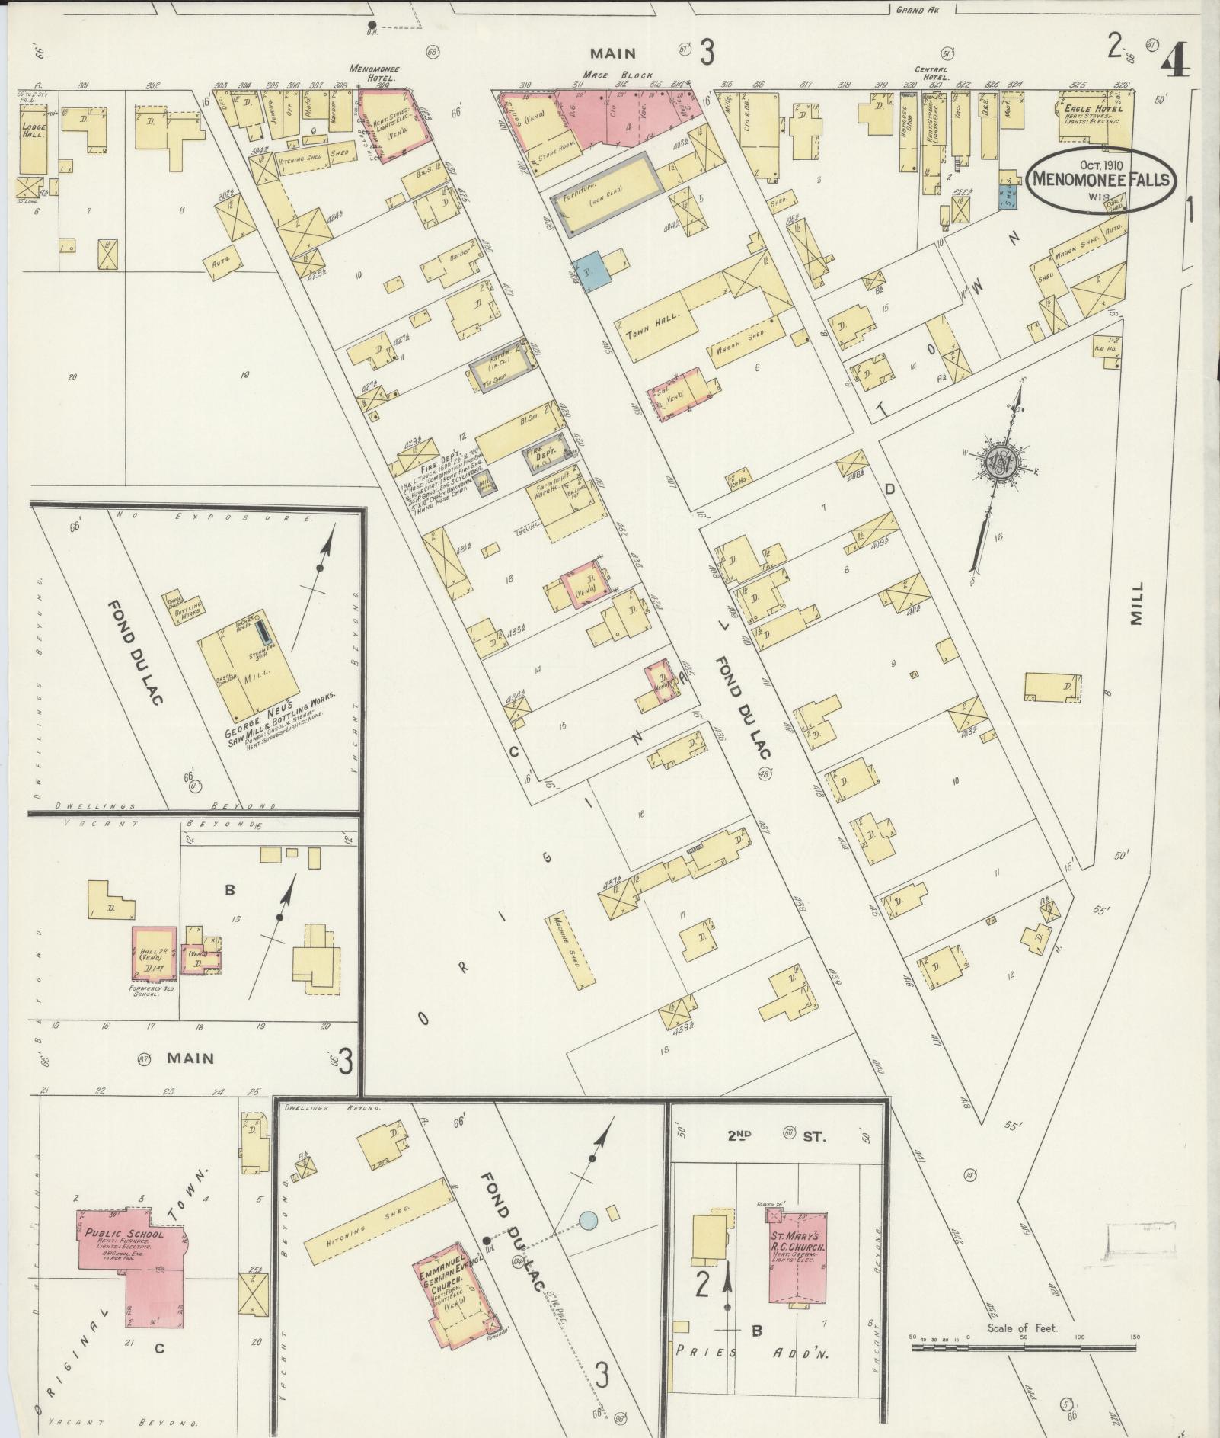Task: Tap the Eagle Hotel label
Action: [x=1082, y=110]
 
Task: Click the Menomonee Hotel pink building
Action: [x=391, y=122]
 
